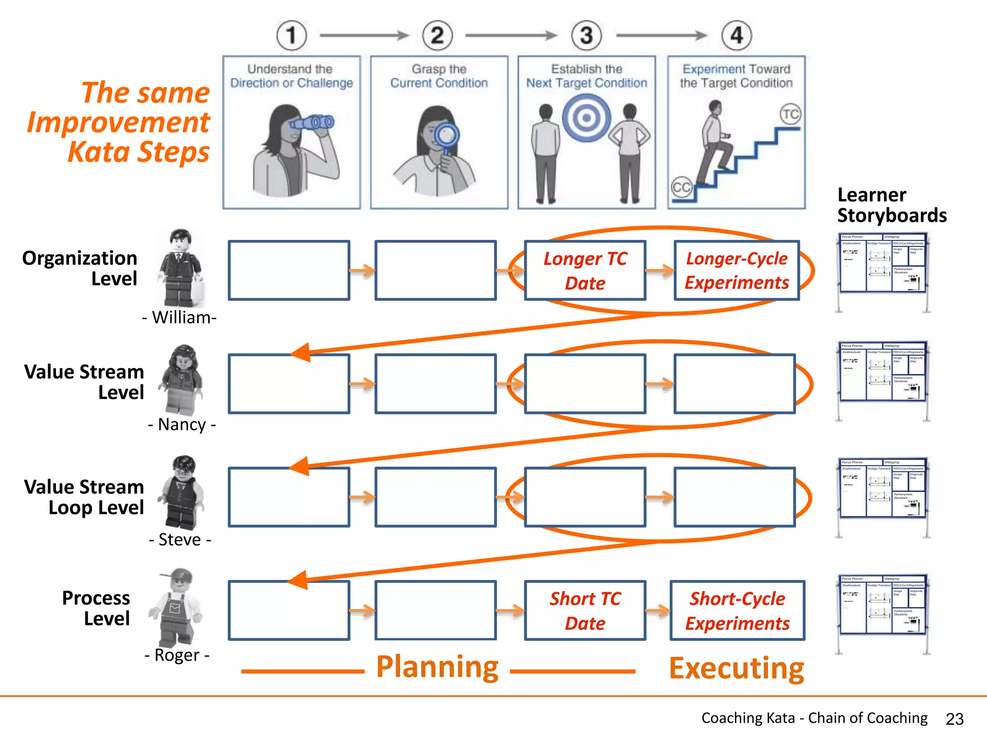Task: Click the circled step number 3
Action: [586, 35]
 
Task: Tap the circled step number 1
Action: [291, 35]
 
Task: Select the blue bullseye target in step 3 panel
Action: [586, 117]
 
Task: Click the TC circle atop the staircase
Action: [790, 114]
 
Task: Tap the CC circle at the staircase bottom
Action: [681, 187]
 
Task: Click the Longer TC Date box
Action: [585, 271]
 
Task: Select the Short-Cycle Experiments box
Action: [737, 610]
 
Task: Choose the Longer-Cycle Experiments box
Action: [736, 271]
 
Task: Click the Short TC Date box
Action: [585, 610]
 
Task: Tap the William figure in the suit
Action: [180, 268]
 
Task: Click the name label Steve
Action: [180, 540]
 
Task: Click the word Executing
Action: [736, 668]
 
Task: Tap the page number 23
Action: [954, 719]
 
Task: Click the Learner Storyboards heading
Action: [891, 205]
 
